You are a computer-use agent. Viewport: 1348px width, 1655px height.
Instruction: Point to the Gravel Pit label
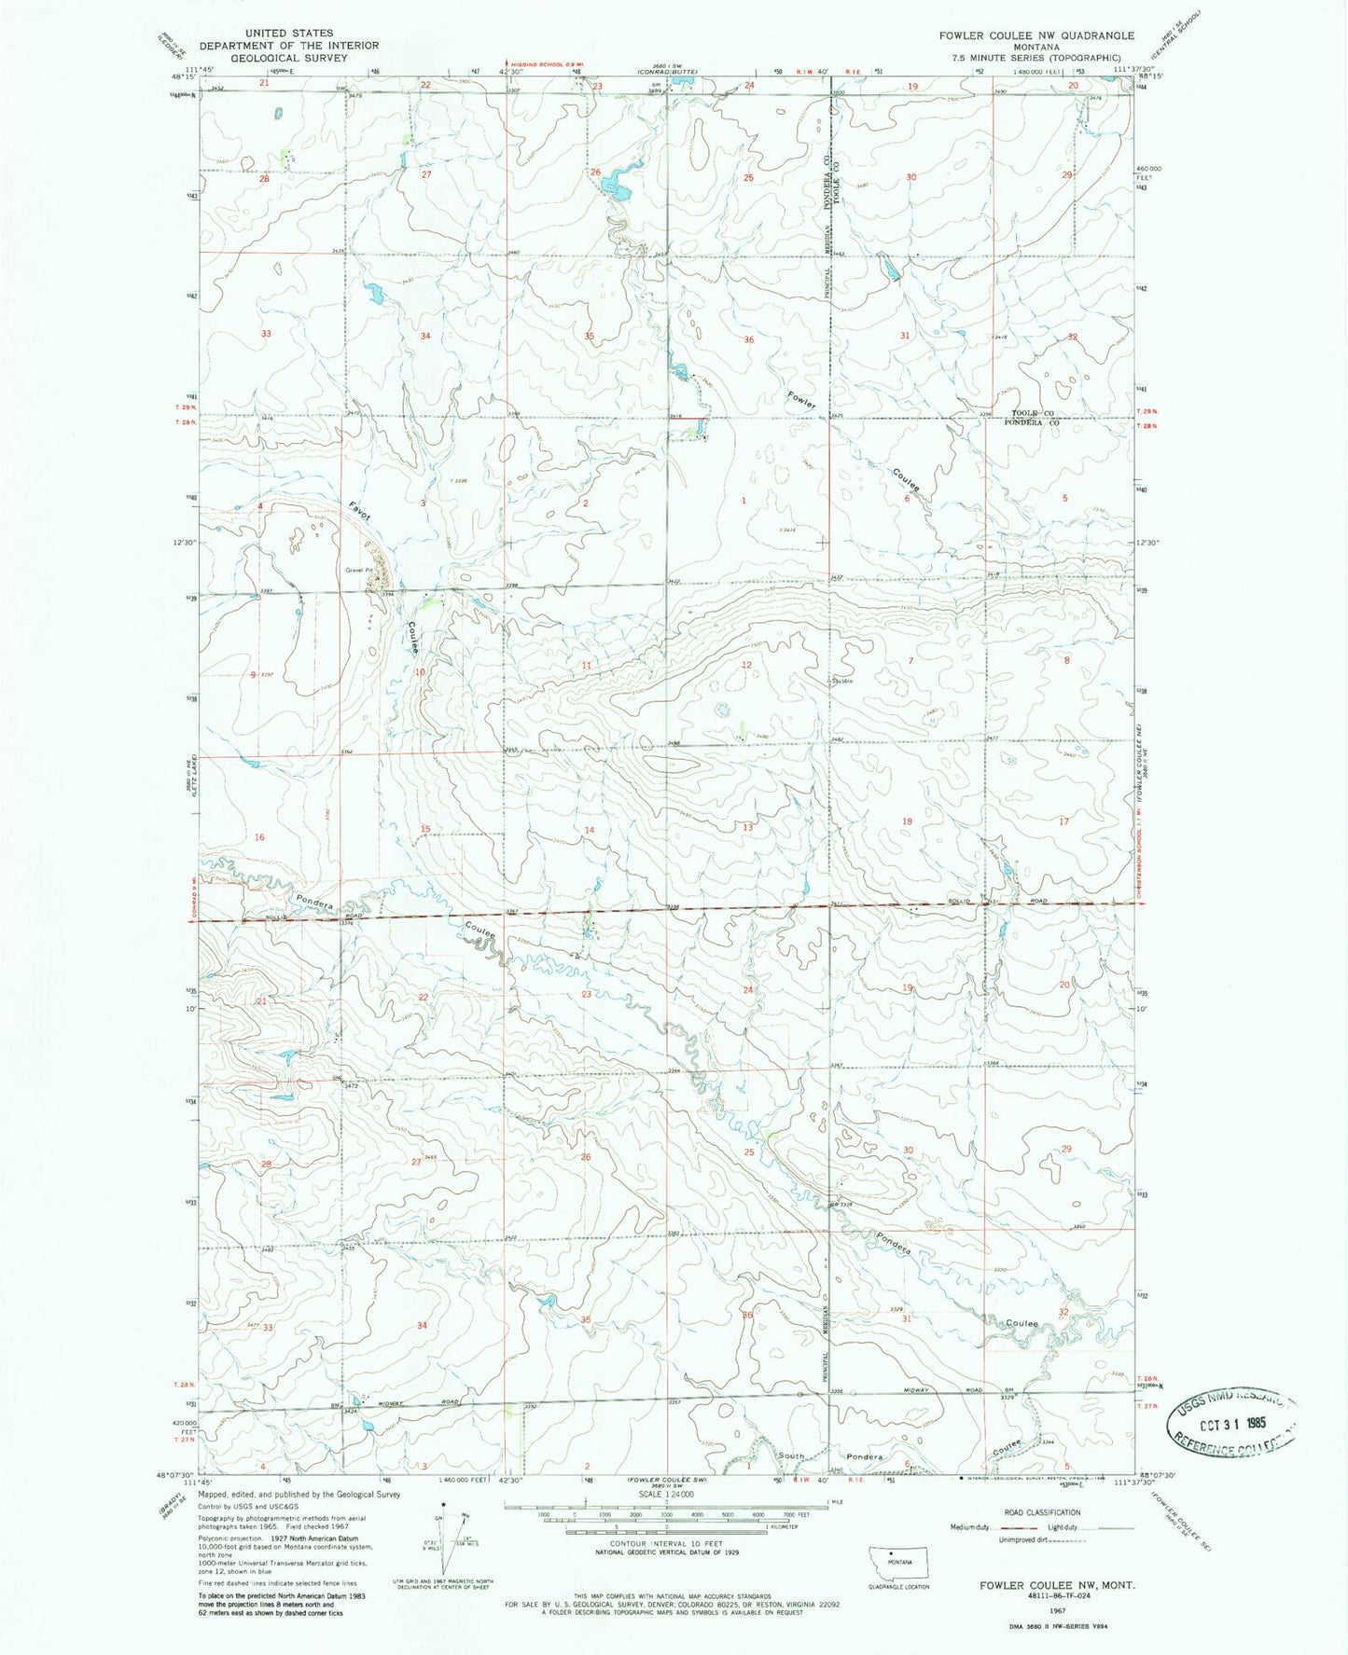359,570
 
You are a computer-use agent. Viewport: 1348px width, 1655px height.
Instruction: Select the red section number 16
259,837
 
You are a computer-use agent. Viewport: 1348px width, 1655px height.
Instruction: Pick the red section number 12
746,665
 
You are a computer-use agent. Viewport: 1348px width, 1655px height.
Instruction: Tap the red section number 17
1063,821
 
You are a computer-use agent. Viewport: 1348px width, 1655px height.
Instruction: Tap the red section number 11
587,665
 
